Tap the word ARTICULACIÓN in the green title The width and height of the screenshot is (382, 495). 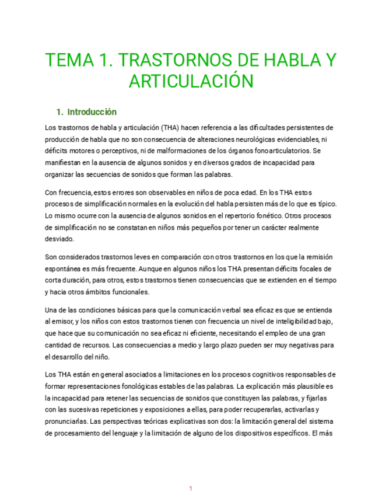190,81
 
